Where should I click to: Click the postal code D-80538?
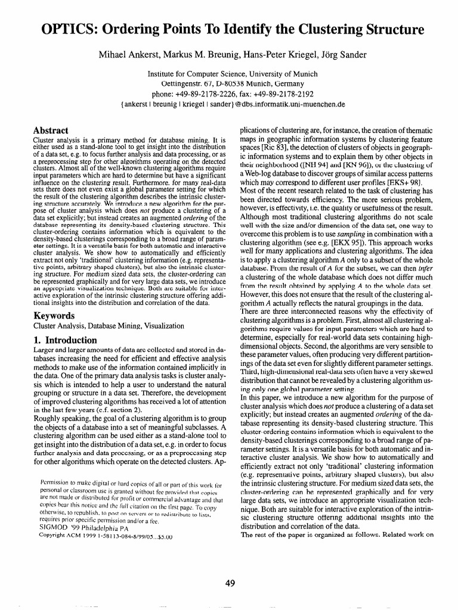pos(218,83)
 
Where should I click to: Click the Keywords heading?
pos(53,316)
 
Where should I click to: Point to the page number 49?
pos(229,583)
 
